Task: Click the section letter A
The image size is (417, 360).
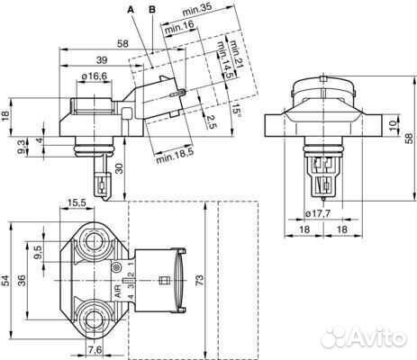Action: point(131,9)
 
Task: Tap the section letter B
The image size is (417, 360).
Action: point(152,9)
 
